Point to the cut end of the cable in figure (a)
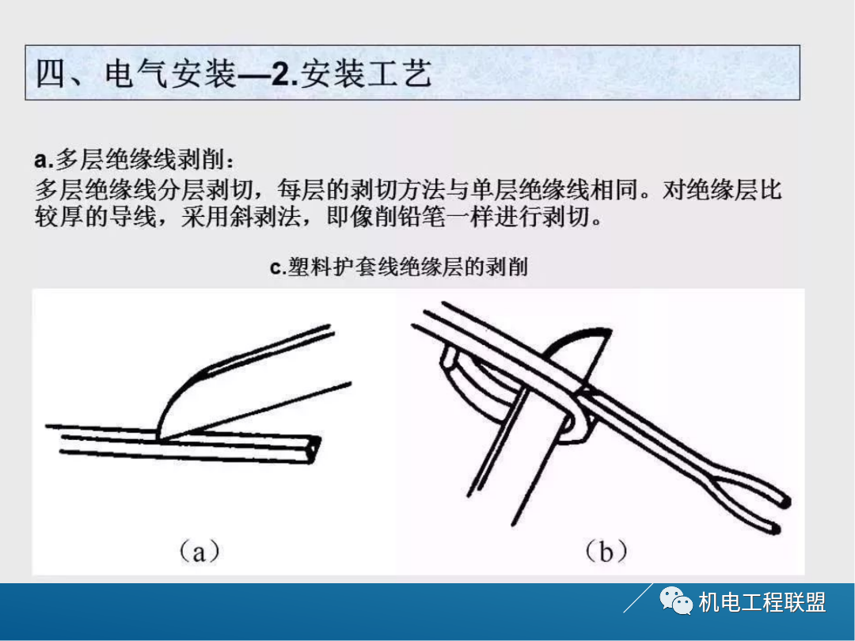pos(316,449)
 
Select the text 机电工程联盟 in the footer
pos(762,603)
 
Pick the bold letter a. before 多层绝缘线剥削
pos(43,161)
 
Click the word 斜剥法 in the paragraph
pos(276,216)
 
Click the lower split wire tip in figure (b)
pos(776,527)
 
